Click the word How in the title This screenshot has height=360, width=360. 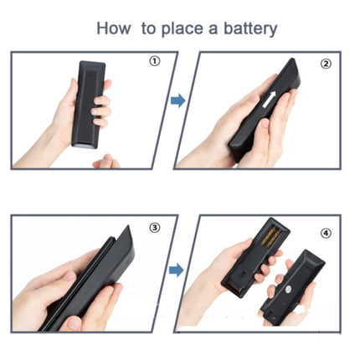point(113,28)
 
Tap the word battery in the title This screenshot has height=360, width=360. point(250,29)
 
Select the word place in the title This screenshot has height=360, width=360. point(182,29)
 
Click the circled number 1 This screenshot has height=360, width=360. point(155,61)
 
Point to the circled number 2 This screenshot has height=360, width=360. point(326,64)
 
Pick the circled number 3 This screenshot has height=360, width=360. point(155,228)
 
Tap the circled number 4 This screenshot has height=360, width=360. point(326,233)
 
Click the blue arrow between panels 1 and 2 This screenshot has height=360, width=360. point(178,100)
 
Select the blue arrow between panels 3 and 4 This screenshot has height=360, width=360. point(177,270)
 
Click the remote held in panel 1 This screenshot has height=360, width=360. point(88,104)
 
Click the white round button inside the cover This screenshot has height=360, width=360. point(287,291)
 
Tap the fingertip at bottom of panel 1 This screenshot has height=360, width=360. point(106,162)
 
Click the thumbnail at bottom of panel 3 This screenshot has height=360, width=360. point(73,322)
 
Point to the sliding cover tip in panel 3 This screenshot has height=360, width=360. point(127,230)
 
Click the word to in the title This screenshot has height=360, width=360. point(148,28)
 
